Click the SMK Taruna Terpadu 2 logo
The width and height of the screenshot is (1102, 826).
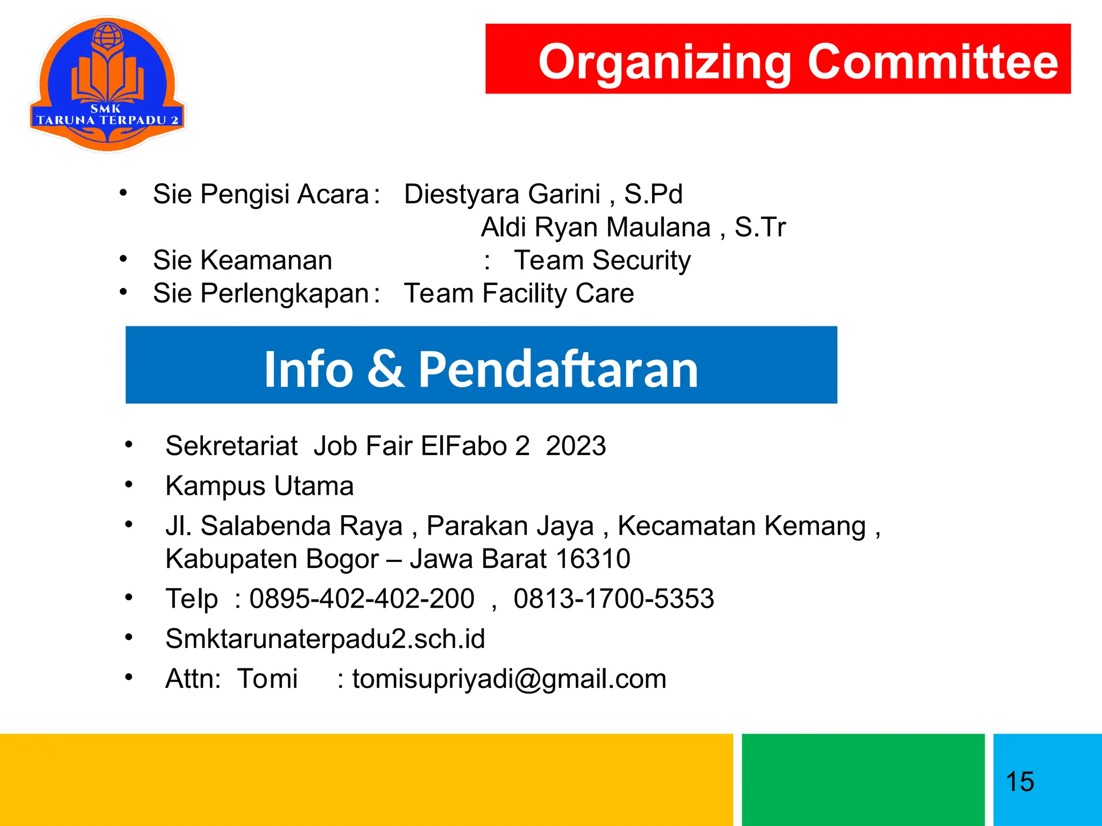108,84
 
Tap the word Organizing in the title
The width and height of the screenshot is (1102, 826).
665,62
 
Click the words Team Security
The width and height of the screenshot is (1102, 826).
602,260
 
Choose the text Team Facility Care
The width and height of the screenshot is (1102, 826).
519,294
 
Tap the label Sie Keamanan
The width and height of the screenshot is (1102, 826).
242,260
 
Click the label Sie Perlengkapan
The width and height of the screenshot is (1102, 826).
260,294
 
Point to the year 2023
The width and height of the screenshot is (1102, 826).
576,446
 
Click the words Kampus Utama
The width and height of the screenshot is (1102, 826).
259,486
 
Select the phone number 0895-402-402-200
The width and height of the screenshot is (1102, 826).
362,599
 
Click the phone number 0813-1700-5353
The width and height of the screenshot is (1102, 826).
613,599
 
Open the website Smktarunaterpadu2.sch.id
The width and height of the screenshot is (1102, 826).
325,639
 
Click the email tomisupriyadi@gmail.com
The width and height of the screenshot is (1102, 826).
509,679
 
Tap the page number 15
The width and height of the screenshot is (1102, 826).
1020,781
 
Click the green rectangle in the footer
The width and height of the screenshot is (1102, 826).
863,779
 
